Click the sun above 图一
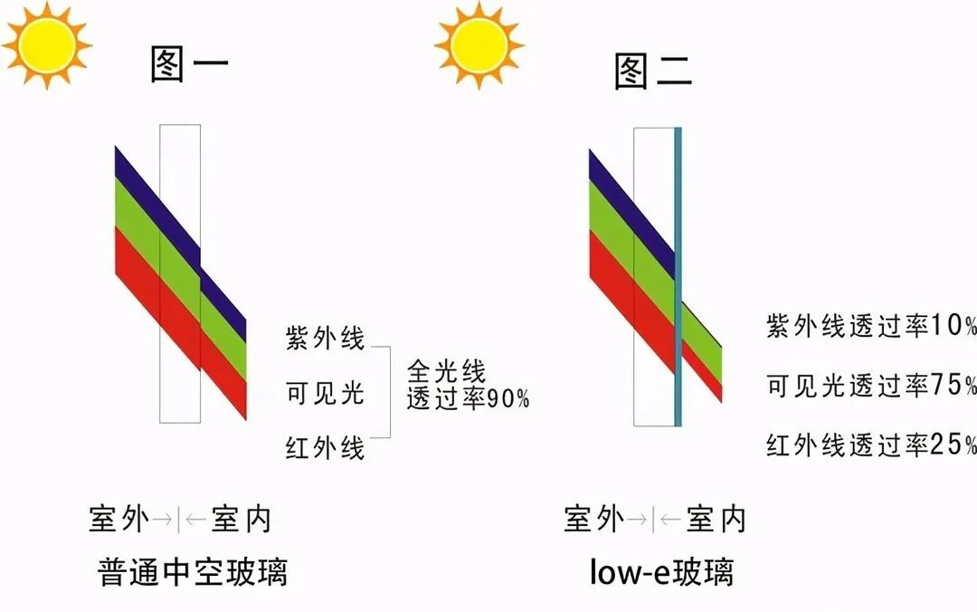(x=47, y=43)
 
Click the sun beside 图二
(x=479, y=43)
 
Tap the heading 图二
(x=653, y=70)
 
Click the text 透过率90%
(x=468, y=398)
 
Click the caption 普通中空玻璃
(x=192, y=572)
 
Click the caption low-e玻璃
(x=661, y=572)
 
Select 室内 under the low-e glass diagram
(x=716, y=520)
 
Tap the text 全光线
(x=447, y=371)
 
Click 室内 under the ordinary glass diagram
(x=241, y=520)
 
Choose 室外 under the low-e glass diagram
(x=593, y=520)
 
